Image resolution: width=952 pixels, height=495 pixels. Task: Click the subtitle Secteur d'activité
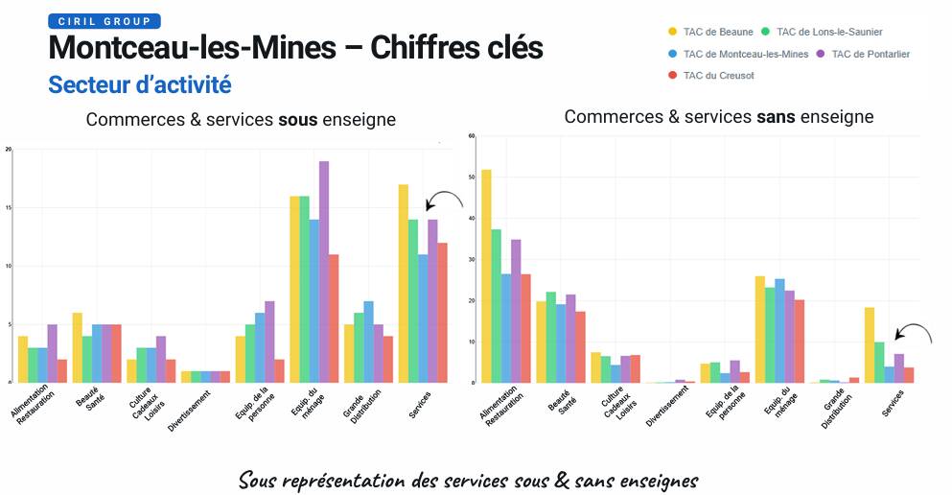[140, 85]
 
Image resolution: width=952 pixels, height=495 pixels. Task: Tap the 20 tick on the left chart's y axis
[9, 150]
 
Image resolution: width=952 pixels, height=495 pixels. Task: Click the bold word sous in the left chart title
[296, 120]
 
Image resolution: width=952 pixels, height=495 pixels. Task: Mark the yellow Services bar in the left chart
[404, 283]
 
